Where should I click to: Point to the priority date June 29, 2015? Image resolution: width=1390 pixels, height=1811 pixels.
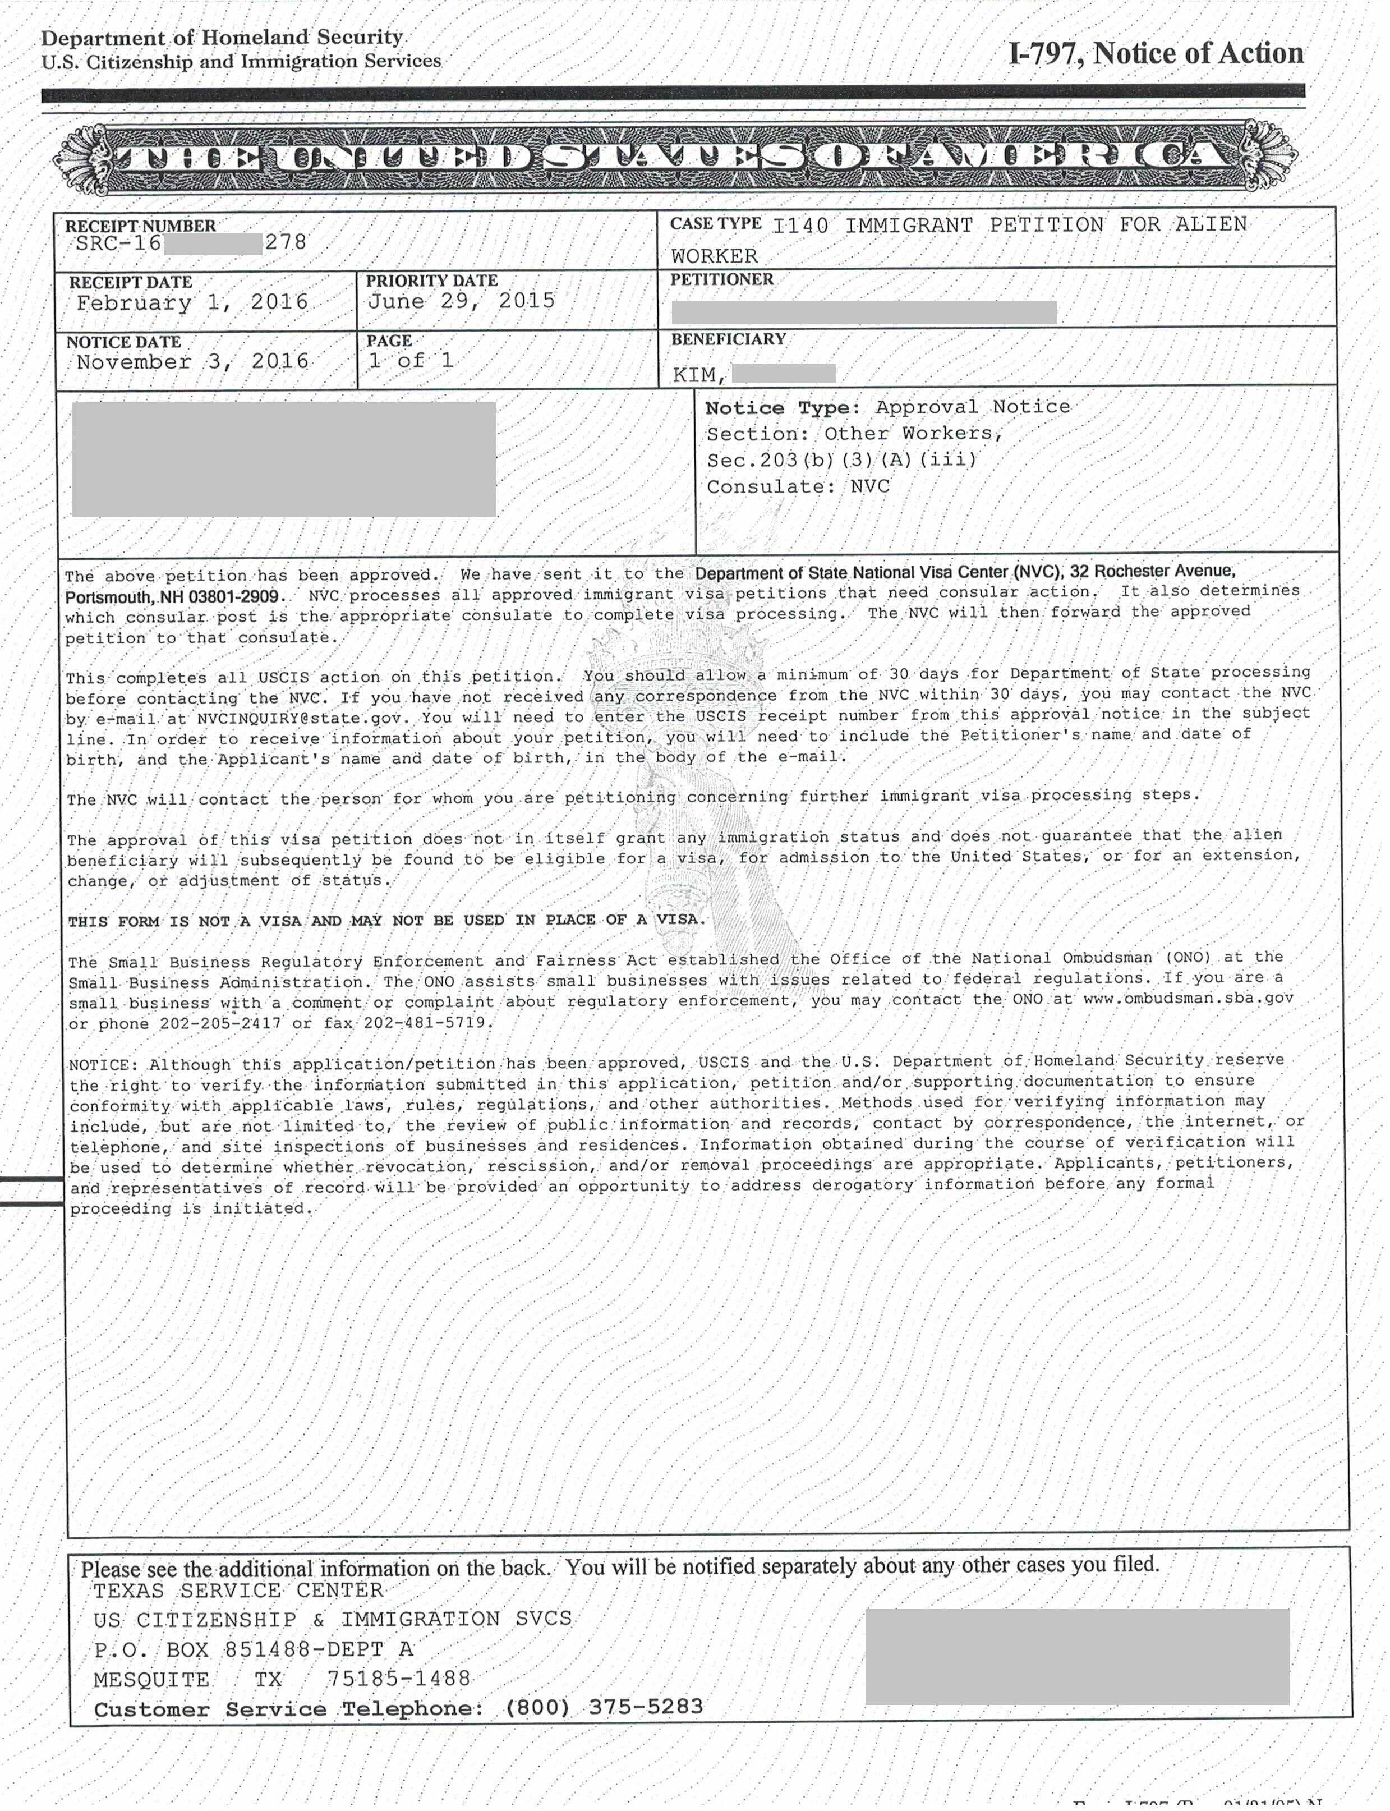pyautogui.click(x=461, y=301)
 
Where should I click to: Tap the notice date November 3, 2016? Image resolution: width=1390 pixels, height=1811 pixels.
pyautogui.click(x=192, y=361)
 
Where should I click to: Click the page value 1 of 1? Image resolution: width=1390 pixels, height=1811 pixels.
pyautogui.click(x=411, y=361)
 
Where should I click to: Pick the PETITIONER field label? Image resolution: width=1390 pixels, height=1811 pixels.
pyautogui.click(x=721, y=279)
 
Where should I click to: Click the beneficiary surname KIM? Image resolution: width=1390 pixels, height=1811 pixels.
pyautogui.click(x=697, y=375)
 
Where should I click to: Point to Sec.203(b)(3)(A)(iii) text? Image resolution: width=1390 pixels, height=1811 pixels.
pyautogui.click(x=841, y=460)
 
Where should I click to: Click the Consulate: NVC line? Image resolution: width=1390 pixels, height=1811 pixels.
pyautogui.click(x=798, y=486)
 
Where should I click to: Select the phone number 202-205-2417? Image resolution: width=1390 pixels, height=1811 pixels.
pyautogui.click(x=220, y=1023)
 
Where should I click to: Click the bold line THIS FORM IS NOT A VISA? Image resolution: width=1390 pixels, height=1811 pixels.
pyautogui.click(x=386, y=920)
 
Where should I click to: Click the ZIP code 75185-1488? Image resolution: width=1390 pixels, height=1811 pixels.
pyautogui.click(x=399, y=1679)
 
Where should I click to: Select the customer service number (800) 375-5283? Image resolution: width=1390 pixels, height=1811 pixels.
pyautogui.click(x=604, y=1707)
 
